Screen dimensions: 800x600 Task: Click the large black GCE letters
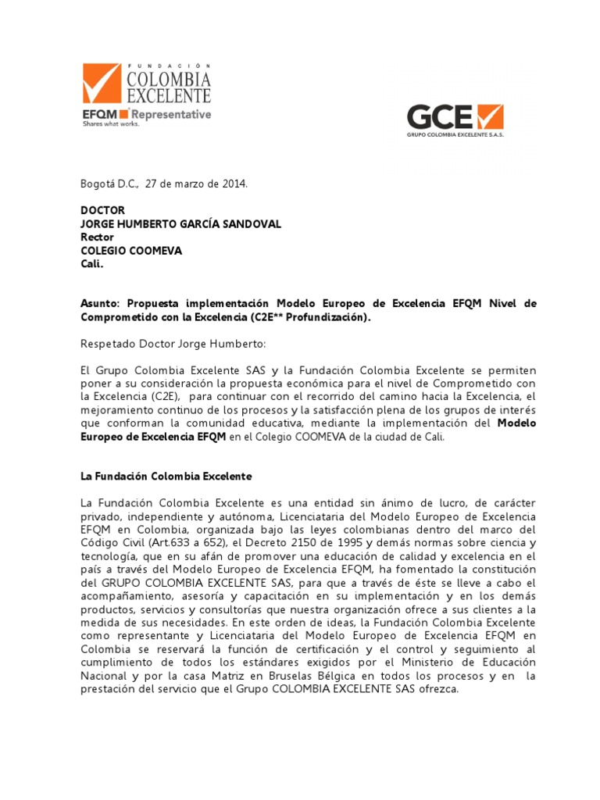[440, 117]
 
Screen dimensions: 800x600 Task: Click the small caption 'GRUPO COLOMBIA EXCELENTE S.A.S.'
[455, 136]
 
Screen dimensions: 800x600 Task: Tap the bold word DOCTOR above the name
[103, 211]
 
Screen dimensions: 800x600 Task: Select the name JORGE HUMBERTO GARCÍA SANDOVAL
[181, 224]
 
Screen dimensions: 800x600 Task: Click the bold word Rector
[98, 237]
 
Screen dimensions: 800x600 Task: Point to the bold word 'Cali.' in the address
[92, 264]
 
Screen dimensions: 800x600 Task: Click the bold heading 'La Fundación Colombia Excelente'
[166, 476]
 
